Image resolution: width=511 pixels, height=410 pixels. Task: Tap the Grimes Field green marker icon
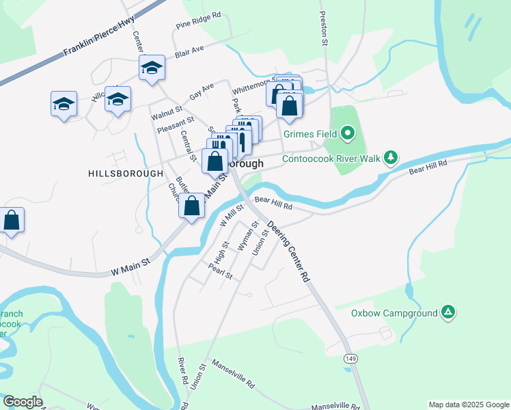(348, 133)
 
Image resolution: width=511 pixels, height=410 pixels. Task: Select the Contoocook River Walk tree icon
(390, 158)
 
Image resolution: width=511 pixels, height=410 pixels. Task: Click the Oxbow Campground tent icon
(448, 313)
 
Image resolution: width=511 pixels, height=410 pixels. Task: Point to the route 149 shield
(351, 358)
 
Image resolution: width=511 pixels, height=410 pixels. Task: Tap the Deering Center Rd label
(288, 251)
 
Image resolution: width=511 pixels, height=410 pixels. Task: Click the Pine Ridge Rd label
(198, 19)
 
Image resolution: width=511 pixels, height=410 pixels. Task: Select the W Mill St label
(232, 215)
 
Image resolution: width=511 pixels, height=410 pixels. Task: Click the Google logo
(23, 402)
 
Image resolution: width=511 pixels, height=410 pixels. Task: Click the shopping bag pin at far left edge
(11, 220)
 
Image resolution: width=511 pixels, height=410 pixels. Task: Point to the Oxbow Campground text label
(393, 314)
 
